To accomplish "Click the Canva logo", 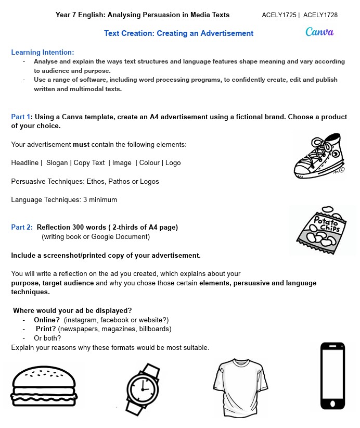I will tap(319, 32).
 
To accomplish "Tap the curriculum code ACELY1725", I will tap(279, 15).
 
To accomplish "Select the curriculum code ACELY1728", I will tap(320, 15).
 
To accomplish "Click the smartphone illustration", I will tap(332, 376).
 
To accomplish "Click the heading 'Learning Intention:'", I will tap(43, 52).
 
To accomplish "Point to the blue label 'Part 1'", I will tap(21, 117).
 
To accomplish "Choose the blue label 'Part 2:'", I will tap(22, 227).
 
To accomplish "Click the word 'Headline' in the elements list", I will tap(25, 163).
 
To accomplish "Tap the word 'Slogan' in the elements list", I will tap(57, 163).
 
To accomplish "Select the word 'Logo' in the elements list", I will tap(173, 163).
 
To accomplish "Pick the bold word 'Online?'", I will tap(47, 320).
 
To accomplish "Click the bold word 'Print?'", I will tap(46, 329).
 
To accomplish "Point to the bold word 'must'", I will tap(81, 144).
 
